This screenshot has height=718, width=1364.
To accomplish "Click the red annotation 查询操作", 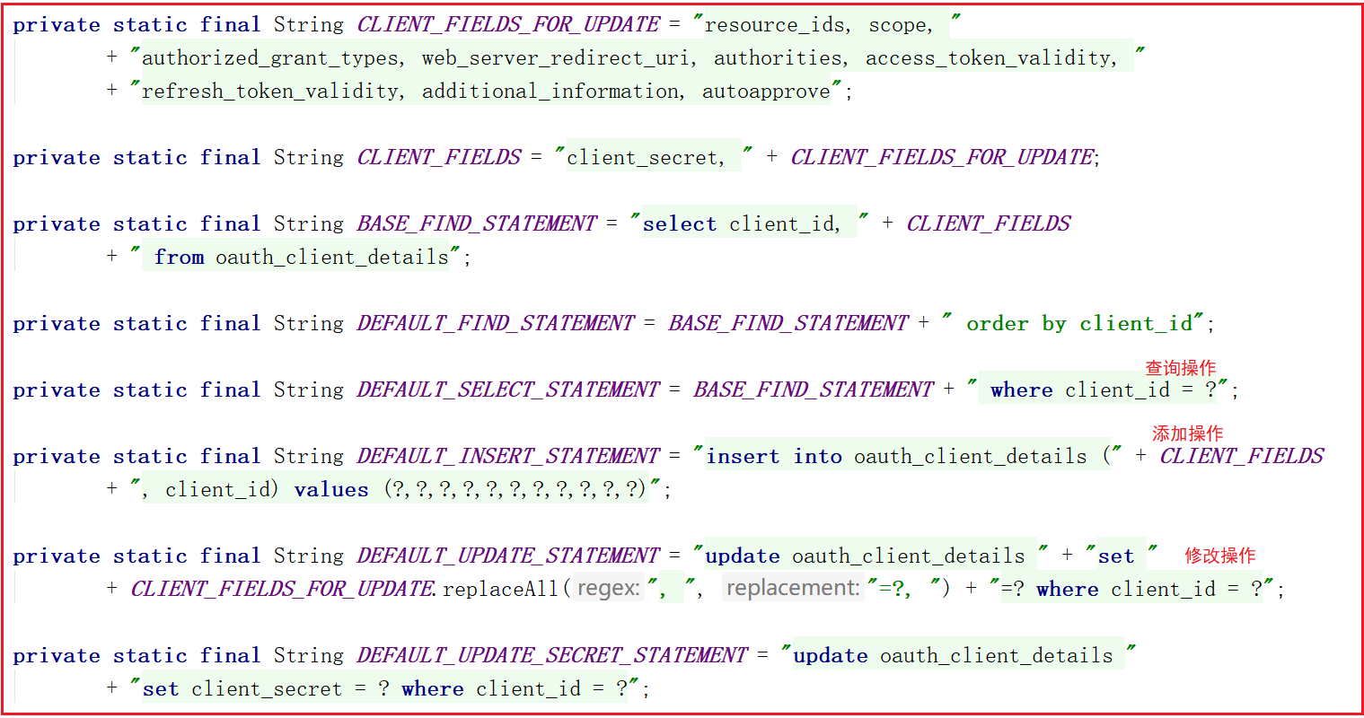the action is click(1180, 368).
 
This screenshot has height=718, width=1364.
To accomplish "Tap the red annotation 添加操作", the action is click(1187, 433).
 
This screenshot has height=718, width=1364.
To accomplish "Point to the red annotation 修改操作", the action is click(1219, 556).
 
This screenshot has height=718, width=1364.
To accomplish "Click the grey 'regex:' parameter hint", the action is click(609, 589).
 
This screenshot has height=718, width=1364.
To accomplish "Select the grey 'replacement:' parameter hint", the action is click(793, 589).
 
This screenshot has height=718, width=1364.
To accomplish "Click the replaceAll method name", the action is click(500, 589).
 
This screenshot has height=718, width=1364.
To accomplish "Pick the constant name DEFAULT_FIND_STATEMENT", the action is click(496, 323).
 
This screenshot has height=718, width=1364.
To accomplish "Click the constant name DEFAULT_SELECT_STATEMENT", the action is click(508, 390).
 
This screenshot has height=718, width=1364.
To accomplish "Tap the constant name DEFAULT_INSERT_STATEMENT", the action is click(508, 456).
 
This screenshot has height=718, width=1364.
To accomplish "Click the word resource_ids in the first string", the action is click(775, 25).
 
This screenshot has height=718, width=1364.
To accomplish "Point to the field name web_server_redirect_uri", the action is click(558, 58).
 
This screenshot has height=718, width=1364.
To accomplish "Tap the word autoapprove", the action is click(766, 92).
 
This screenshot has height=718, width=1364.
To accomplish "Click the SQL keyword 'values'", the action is click(331, 490).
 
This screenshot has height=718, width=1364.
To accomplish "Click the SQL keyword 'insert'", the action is click(743, 456).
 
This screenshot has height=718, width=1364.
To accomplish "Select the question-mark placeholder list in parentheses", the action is click(515, 490).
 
